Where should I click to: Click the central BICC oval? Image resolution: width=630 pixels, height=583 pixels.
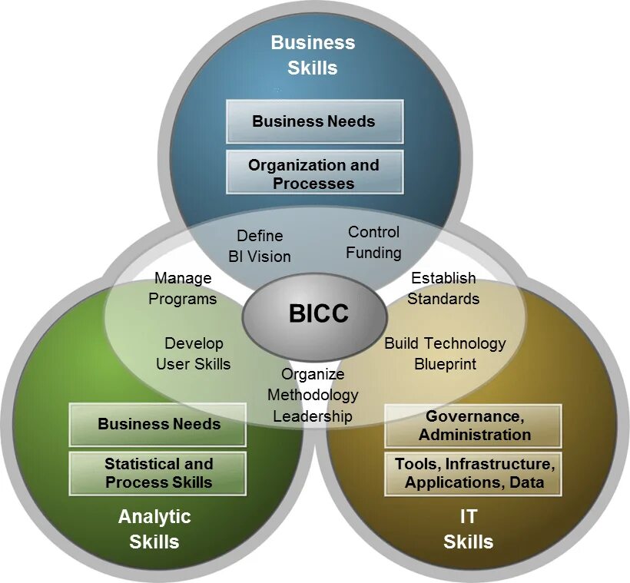pos(314,313)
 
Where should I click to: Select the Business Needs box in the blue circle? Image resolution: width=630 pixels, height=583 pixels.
pos(314,121)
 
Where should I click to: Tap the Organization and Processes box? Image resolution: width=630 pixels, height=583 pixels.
pos(314,173)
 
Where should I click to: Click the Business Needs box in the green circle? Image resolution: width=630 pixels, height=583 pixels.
pos(158,424)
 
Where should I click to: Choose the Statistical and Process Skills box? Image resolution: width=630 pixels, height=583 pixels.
pos(158,473)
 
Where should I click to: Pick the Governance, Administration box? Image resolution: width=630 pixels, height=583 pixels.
pos(474,426)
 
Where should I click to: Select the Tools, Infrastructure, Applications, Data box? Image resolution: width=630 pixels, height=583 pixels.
pos(474,473)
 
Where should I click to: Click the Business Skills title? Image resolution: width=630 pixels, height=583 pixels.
pos(313,55)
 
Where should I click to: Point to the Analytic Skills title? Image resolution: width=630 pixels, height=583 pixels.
pos(154,528)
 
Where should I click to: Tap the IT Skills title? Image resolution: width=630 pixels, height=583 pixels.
pos(468,528)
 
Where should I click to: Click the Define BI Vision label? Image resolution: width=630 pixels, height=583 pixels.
pos(260,246)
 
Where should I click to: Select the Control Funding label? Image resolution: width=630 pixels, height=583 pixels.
pos(373,242)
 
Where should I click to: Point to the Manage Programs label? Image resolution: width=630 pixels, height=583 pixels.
pos(183,288)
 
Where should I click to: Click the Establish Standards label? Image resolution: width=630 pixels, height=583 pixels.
pos(443,288)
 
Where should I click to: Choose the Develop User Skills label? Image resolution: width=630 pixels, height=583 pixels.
pos(194,353)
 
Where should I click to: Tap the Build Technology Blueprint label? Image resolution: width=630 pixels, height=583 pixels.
pos(445,353)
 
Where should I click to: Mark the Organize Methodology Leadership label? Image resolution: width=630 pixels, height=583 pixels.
pos(313,395)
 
